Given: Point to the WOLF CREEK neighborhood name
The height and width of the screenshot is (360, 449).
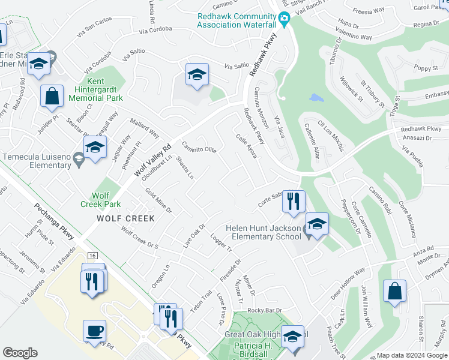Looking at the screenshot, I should (125, 219).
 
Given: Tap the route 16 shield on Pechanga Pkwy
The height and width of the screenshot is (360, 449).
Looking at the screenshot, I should (92, 256).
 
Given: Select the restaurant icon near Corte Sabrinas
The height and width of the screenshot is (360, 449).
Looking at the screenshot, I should (294, 203).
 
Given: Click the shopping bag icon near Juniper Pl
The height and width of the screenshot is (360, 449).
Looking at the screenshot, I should (52, 96).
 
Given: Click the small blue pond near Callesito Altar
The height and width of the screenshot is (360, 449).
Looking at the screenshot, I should (315, 98).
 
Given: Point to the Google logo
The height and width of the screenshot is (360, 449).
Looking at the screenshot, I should (20, 353).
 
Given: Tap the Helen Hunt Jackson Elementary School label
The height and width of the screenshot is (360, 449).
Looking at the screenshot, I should (263, 232).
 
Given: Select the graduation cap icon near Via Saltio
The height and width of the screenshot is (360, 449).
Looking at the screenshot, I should (197, 75).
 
